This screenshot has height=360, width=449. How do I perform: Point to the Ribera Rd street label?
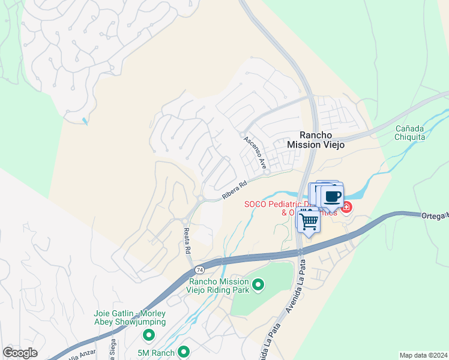click(234, 190)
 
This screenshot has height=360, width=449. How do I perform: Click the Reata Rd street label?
click(187, 240)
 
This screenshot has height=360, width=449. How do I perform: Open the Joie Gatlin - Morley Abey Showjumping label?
click(130, 317)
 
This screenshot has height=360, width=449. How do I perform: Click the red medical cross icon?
click(346, 207)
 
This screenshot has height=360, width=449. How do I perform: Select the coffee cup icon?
click(332, 196)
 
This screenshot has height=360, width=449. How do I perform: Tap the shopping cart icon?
click(309, 221)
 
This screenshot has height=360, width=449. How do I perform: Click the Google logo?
click(20, 353)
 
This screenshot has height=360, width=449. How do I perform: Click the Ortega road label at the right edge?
click(435, 215)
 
